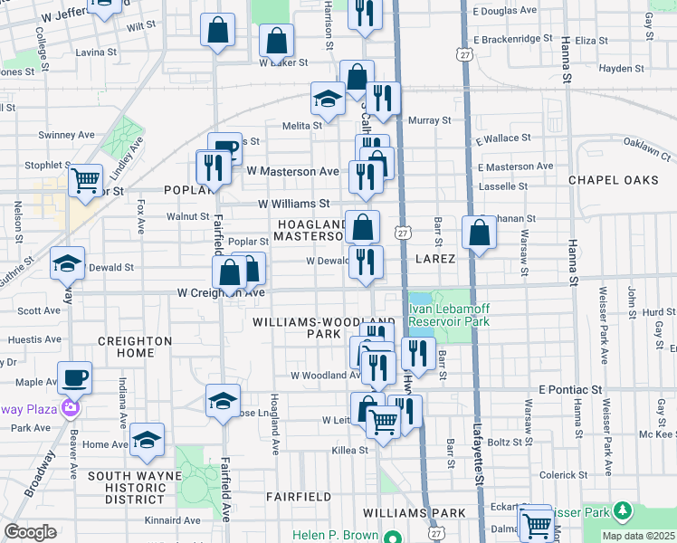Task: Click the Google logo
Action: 31,532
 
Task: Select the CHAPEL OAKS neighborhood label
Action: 614,180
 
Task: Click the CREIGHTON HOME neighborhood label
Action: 135,347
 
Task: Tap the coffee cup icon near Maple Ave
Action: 74,376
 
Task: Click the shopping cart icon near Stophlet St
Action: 86,179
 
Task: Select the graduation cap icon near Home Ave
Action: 147,439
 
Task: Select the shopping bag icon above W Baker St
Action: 276,40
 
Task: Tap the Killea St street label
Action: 350,450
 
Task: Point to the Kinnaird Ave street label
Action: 172,520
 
